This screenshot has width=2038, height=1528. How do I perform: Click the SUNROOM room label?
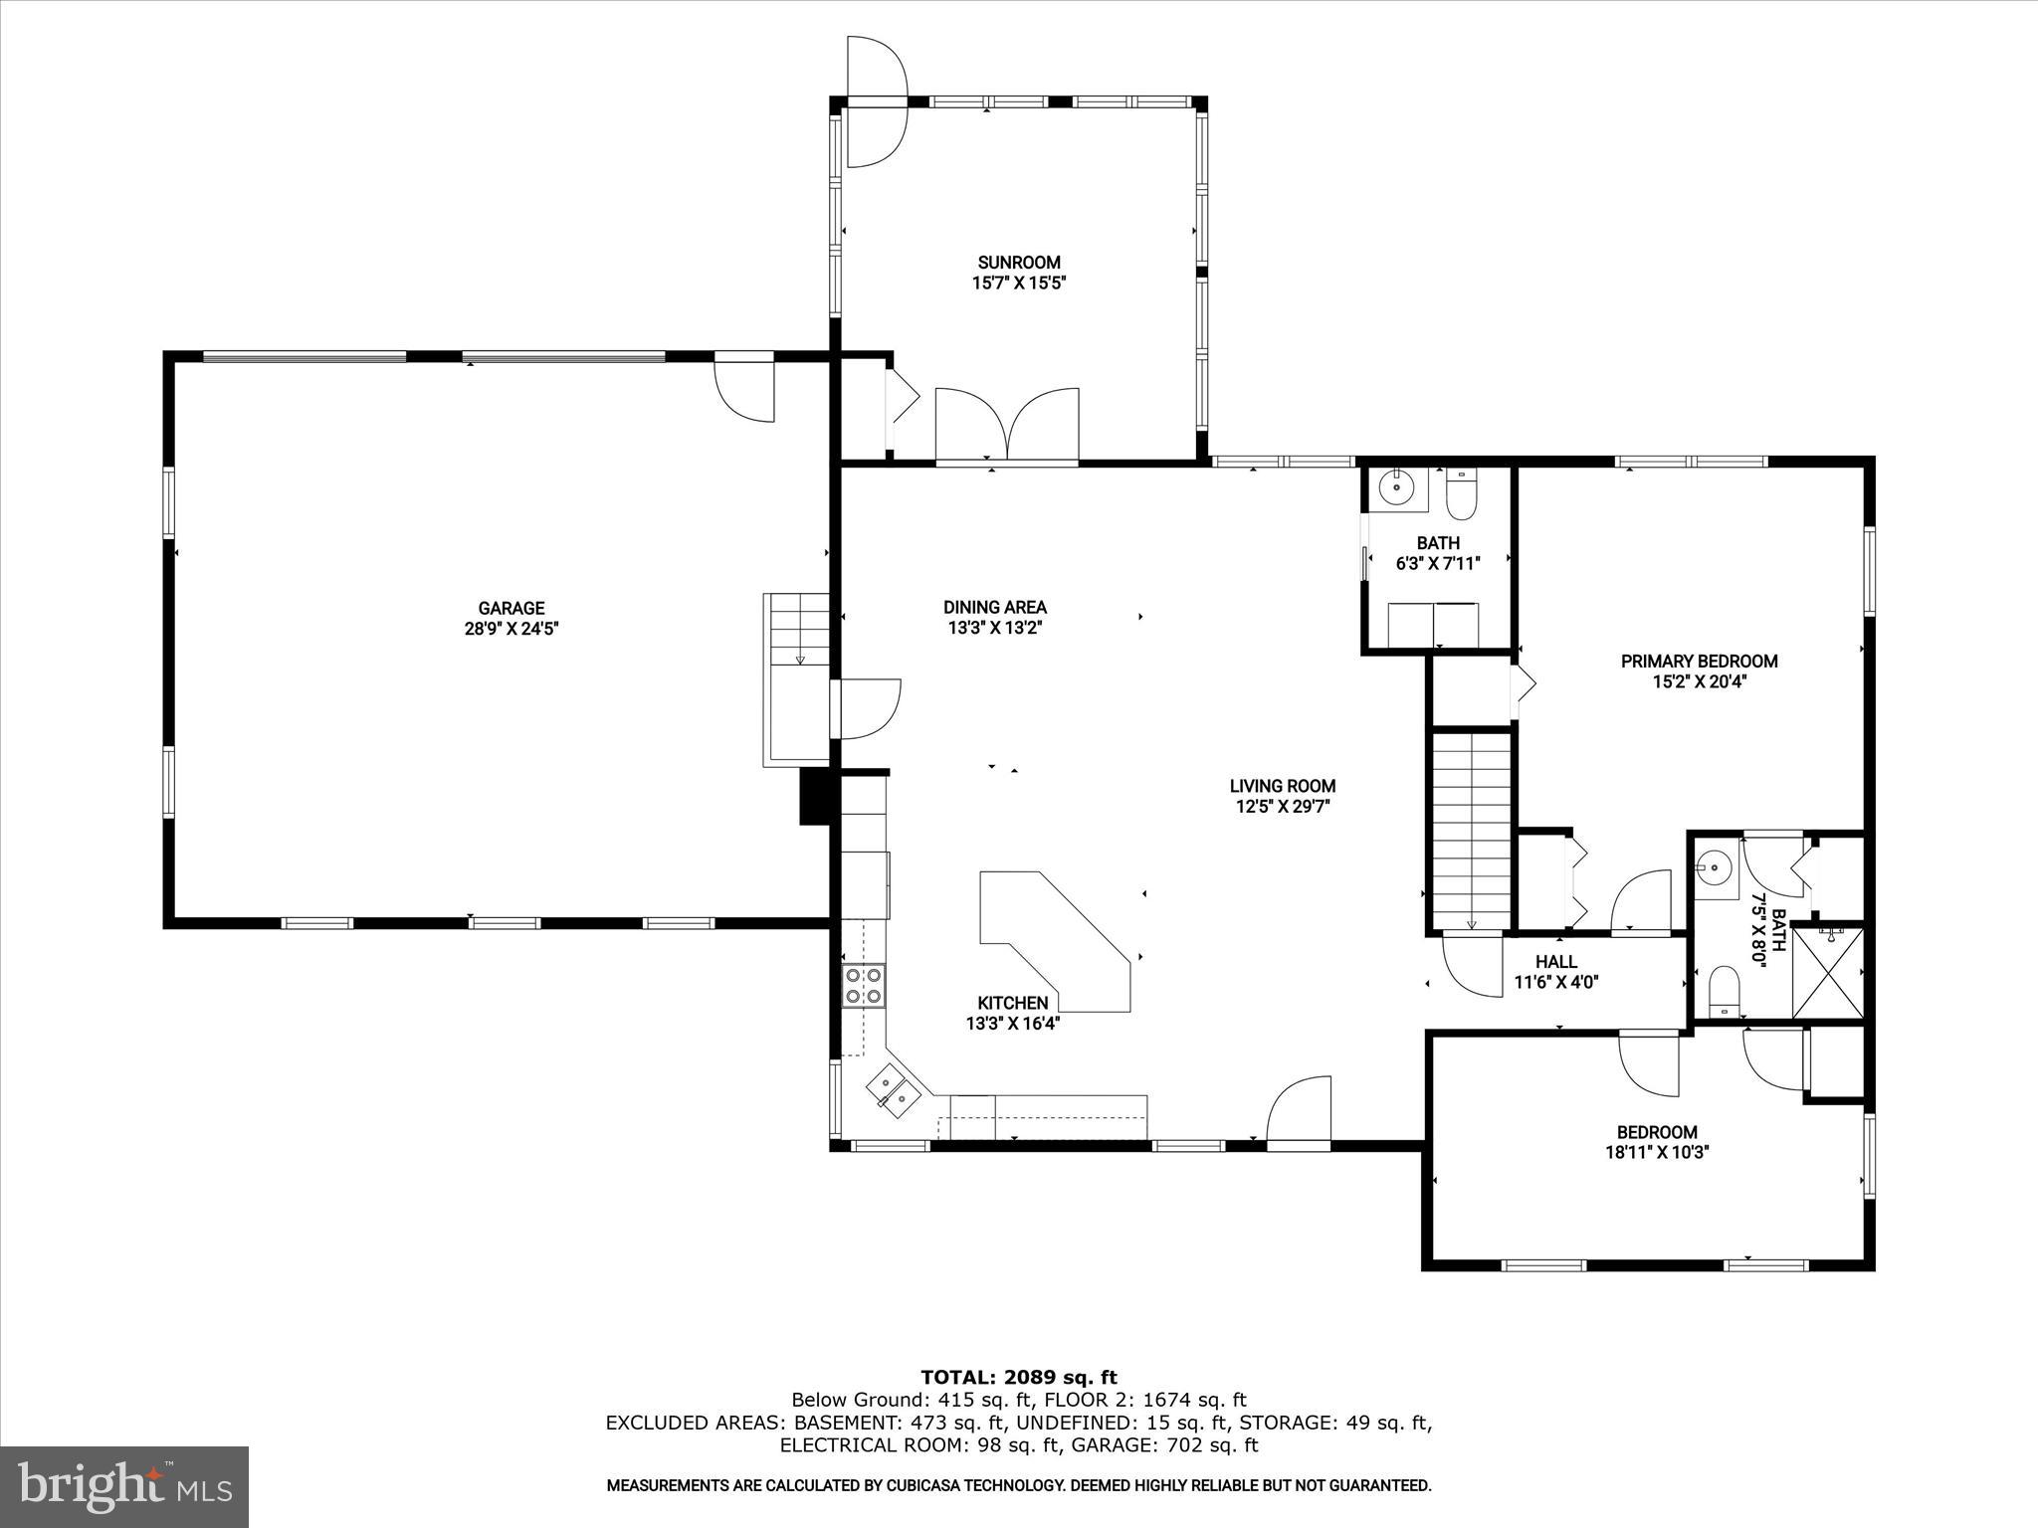click(1018, 263)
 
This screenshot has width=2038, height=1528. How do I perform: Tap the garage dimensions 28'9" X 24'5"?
click(510, 629)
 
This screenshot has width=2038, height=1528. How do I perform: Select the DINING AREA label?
click(994, 607)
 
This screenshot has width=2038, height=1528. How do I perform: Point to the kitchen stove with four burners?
click(863, 985)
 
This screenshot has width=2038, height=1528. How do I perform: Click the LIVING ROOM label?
click(1282, 786)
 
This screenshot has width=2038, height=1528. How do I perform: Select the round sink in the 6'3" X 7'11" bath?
click(1397, 486)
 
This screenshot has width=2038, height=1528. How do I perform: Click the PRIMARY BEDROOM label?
click(1699, 662)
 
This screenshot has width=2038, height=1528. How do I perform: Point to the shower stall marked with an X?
click(1827, 973)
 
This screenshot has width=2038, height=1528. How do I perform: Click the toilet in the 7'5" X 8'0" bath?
click(1724, 993)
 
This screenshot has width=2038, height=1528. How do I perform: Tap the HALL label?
click(1555, 962)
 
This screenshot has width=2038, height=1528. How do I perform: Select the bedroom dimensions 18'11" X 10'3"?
click(1656, 1153)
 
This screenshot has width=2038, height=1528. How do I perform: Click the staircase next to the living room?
click(1471, 831)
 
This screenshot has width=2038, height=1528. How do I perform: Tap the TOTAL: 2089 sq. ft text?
click(1018, 1378)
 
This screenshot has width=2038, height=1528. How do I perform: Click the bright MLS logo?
click(124, 1486)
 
